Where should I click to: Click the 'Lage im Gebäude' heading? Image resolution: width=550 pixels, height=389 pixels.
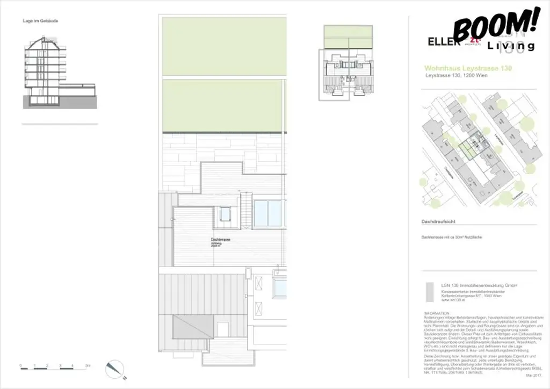click(40, 21)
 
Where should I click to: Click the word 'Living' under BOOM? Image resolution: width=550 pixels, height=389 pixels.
click(511, 46)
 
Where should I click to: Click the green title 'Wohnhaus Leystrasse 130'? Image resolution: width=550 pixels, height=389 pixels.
click(467, 69)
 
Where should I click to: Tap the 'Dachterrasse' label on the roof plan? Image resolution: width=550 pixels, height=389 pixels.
click(220, 240)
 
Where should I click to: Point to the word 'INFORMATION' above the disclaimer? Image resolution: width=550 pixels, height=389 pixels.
click(437, 312)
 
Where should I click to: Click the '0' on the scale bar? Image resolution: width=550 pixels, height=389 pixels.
click(21, 365)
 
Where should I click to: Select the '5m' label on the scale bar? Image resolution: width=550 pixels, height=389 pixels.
click(87, 365)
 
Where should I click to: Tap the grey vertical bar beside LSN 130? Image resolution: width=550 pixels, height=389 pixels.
click(428, 293)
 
